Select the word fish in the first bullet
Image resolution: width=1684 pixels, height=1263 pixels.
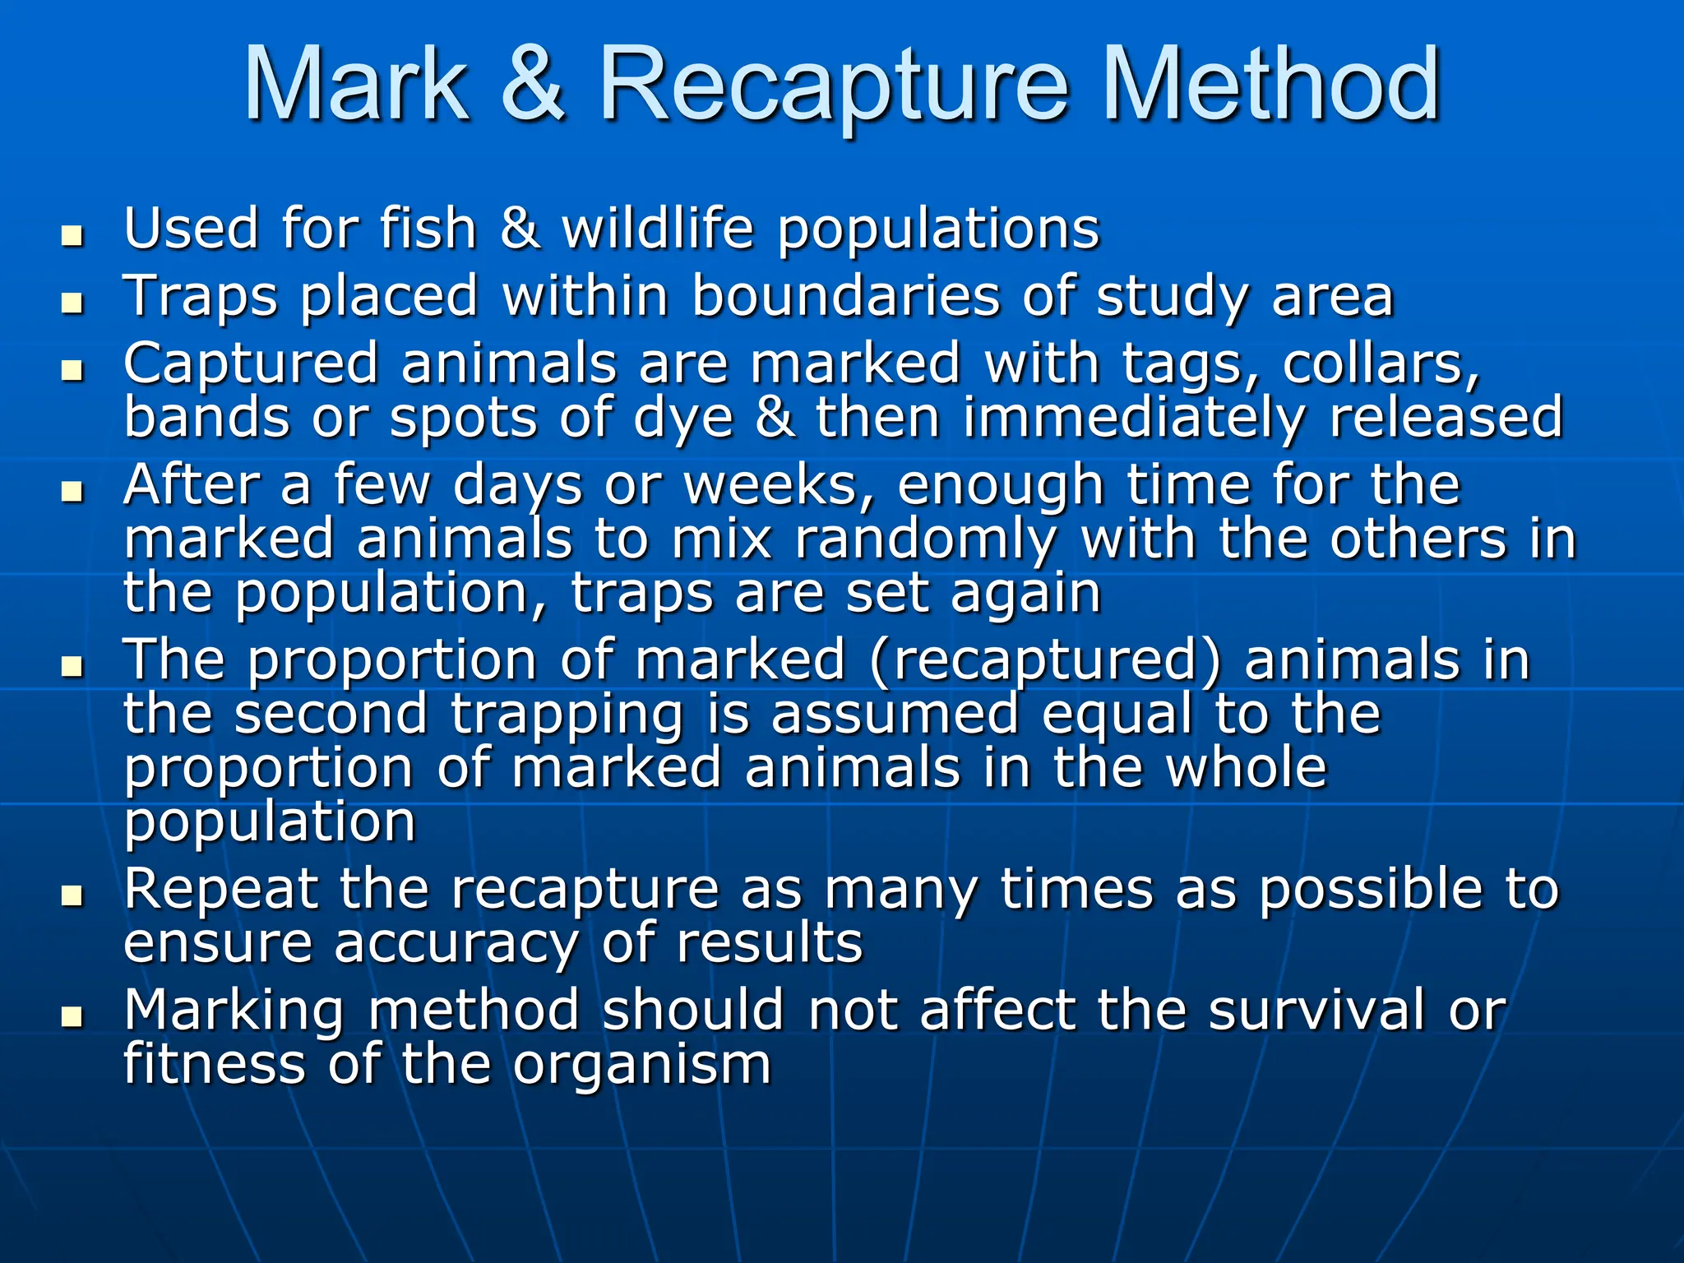[428, 228]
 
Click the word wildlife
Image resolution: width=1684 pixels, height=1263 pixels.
[657, 228]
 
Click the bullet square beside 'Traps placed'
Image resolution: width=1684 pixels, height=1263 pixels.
[72, 304]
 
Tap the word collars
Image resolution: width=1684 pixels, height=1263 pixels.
[1381, 363]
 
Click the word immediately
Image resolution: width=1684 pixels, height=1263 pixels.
[1134, 418]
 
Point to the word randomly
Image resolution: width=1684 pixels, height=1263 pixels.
[926, 541]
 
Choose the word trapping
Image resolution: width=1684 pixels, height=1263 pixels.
[567, 715]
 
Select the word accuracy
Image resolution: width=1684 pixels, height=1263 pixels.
[456, 944]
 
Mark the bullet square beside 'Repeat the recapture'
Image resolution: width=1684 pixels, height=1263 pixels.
[72, 897]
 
